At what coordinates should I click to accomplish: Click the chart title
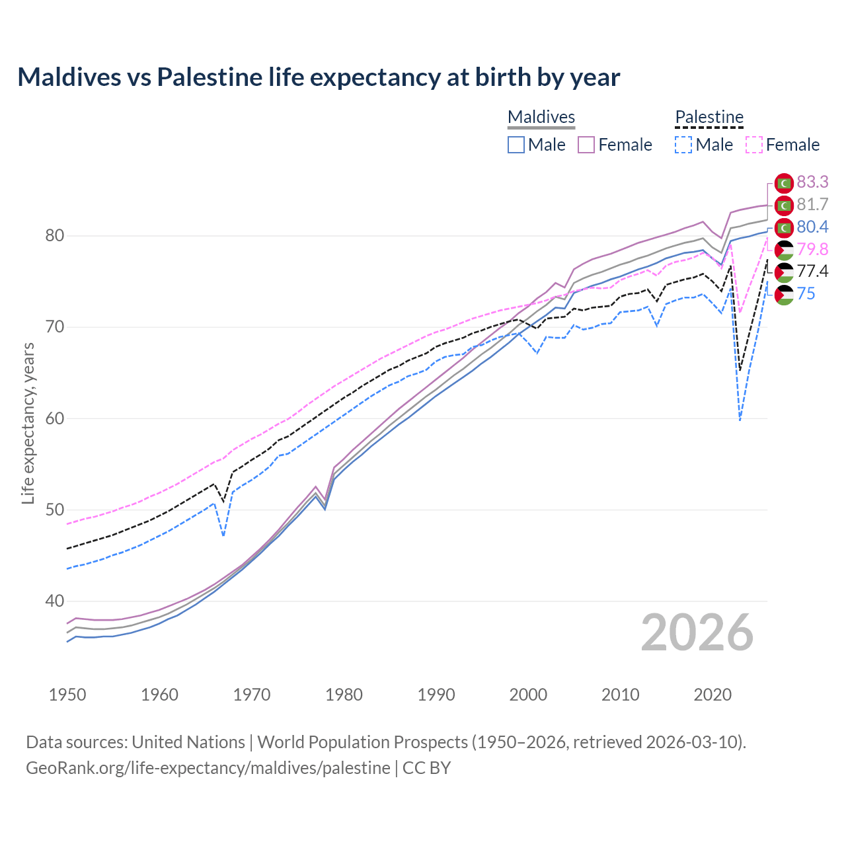pyautogui.click(x=319, y=77)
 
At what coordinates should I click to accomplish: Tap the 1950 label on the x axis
pyautogui.click(x=67, y=695)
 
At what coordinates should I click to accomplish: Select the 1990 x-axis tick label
pyautogui.click(x=436, y=695)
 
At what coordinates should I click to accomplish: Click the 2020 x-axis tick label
pyautogui.click(x=712, y=695)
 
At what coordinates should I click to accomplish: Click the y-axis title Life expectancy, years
pyautogui.click(x=28, y=423)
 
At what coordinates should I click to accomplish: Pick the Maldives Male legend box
pyautogui.click(x=516, y=145)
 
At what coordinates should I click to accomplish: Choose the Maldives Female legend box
pyautogui.click(x=586, y=145)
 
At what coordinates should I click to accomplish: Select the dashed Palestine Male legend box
pyautogui.click(x=683, y=145)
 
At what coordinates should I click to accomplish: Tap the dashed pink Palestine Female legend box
pyautogui.click(x=753, y=145)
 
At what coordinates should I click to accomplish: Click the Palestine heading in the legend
pyautogui.click(x=709, y=117)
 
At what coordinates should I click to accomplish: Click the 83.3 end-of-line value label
pyautogui.click(x=812, y=182)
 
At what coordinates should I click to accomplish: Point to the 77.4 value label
pyautogui.click(x=812, y=271)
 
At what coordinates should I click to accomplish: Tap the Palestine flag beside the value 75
pyautogui.click(x=784, y=294)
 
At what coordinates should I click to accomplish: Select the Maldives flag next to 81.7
pyautogui.click(x=784, y=205)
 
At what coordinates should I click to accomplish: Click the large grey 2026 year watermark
pyautogui.click(x=697, y=633)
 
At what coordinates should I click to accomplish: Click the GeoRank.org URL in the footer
pyautogui.click(x=208, y=768)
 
